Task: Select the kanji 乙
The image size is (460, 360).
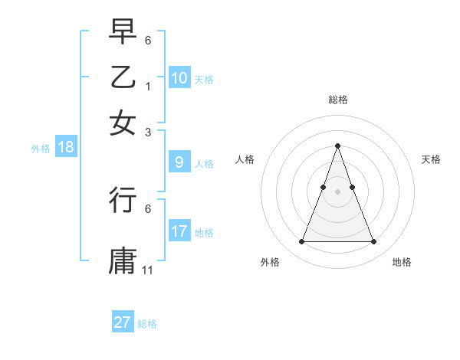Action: [x=123, y=78]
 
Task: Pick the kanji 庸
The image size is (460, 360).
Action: [x=123, y=260]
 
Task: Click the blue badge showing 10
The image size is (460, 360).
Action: [x=179, y=78]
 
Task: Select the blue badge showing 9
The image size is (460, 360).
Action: [x=179, y=162]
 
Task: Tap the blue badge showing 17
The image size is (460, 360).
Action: [x=179, y=231]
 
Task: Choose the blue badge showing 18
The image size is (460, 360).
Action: [x=66, y=148]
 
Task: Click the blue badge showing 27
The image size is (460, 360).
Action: [x=123, y=322]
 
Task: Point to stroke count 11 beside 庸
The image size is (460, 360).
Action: [x=149, y=270]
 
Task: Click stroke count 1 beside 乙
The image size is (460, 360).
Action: [x=148, y=87]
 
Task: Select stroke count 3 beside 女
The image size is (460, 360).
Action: [x=148, y=132]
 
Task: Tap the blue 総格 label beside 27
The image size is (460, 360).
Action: [x=147, y=324]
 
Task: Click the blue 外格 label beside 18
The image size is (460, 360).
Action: [x=41, y=149]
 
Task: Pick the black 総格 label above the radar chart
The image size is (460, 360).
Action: [x=337, y=100]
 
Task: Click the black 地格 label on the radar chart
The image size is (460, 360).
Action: [x=402, y=262]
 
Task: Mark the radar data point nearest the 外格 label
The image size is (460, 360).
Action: [x=301, y=242]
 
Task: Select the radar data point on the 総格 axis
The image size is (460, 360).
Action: [x=337, y=146]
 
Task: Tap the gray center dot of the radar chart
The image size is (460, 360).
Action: [x=337, y=191]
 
